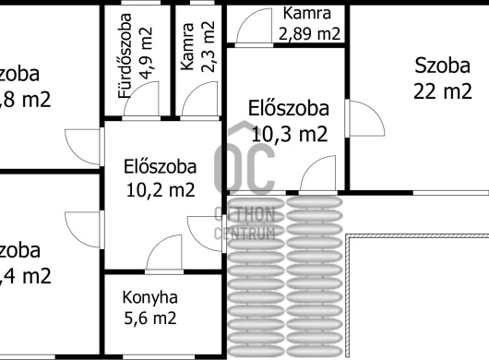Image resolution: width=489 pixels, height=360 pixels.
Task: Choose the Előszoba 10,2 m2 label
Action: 161,179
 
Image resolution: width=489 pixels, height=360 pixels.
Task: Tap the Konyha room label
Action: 149,298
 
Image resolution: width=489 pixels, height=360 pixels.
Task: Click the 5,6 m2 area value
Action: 149,318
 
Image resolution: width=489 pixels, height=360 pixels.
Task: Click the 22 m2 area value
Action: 443,90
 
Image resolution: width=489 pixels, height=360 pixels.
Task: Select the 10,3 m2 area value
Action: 289,134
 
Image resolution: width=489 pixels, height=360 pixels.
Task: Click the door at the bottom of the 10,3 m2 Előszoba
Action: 318,175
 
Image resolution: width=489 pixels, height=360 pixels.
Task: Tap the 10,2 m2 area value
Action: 161,192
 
